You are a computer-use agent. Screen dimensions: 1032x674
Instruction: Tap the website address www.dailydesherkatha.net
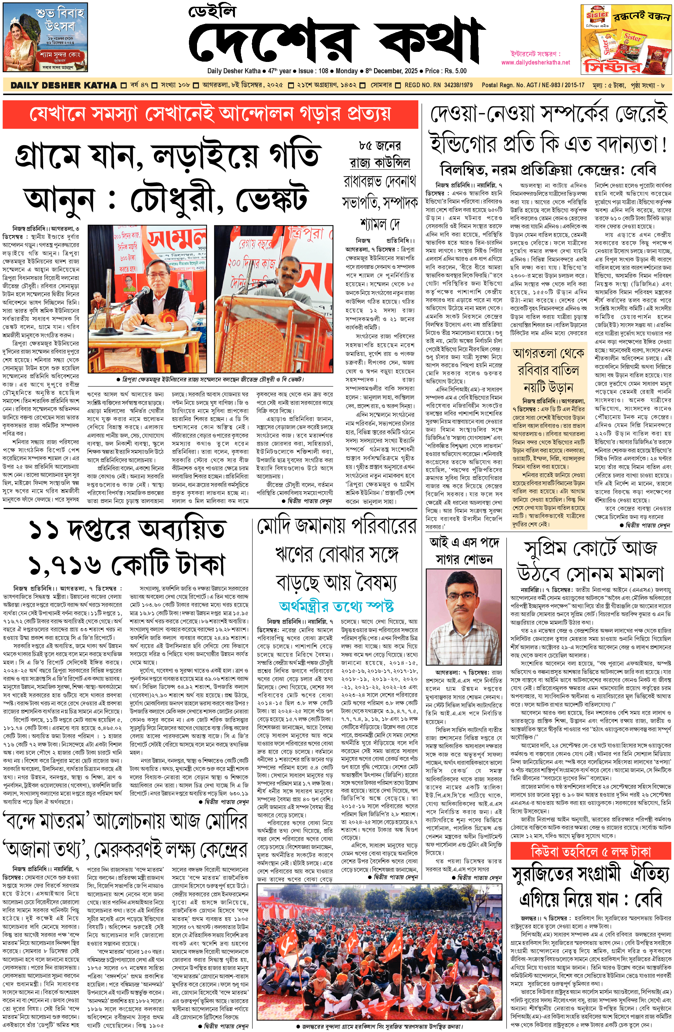535,62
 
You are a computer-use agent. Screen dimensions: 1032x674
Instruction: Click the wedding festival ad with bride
45,40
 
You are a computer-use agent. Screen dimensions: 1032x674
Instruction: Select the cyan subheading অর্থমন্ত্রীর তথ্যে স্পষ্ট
336,606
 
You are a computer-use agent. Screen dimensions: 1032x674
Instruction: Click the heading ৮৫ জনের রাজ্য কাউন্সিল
380,154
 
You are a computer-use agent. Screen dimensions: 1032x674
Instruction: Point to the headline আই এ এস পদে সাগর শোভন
463,551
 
